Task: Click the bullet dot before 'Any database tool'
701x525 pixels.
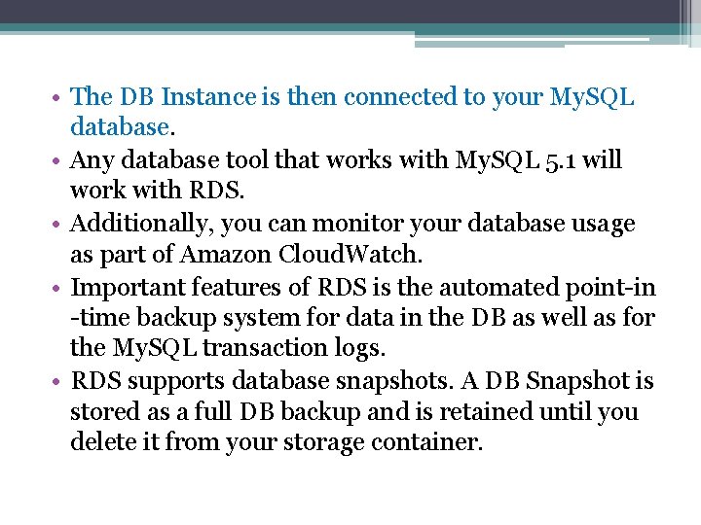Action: coord(59,160)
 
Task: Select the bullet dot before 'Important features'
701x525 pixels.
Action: coord(59,288)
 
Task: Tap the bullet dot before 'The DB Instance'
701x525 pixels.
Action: coord(59,98)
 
